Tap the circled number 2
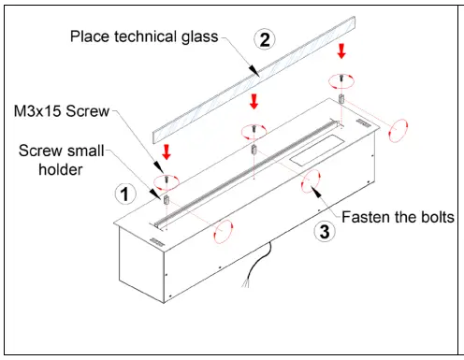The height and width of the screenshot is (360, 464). pos(265,39)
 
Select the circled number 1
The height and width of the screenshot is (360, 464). pos(122,194)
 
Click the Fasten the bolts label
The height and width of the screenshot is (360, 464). pos(398,216)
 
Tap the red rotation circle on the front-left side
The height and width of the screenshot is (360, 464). pos(224,229)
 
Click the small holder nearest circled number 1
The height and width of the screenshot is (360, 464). pos(166,198)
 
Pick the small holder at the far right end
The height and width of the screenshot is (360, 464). pos(341,98)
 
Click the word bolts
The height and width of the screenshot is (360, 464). pos(433,216)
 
